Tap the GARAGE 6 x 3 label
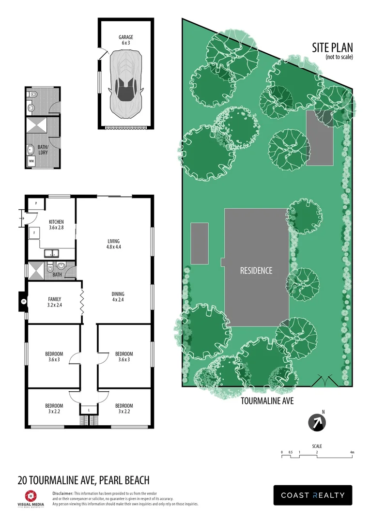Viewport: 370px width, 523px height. (126, 40)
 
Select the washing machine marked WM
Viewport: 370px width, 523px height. (31, 160)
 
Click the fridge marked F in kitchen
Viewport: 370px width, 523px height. (34, 233)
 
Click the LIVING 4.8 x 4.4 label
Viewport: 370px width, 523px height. (113, 244)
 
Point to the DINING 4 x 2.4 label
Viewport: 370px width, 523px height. (118, 297)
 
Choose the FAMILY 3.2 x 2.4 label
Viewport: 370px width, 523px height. (54, 302)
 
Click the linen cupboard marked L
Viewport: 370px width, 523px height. (89, 410)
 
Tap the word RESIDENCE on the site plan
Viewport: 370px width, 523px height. (256, 271)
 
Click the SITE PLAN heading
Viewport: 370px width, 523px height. (333, 47)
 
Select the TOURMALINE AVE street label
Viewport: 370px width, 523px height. (267, 401)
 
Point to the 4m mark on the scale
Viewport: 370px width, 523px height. (353, 452)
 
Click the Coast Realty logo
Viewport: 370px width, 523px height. (313, 495)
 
